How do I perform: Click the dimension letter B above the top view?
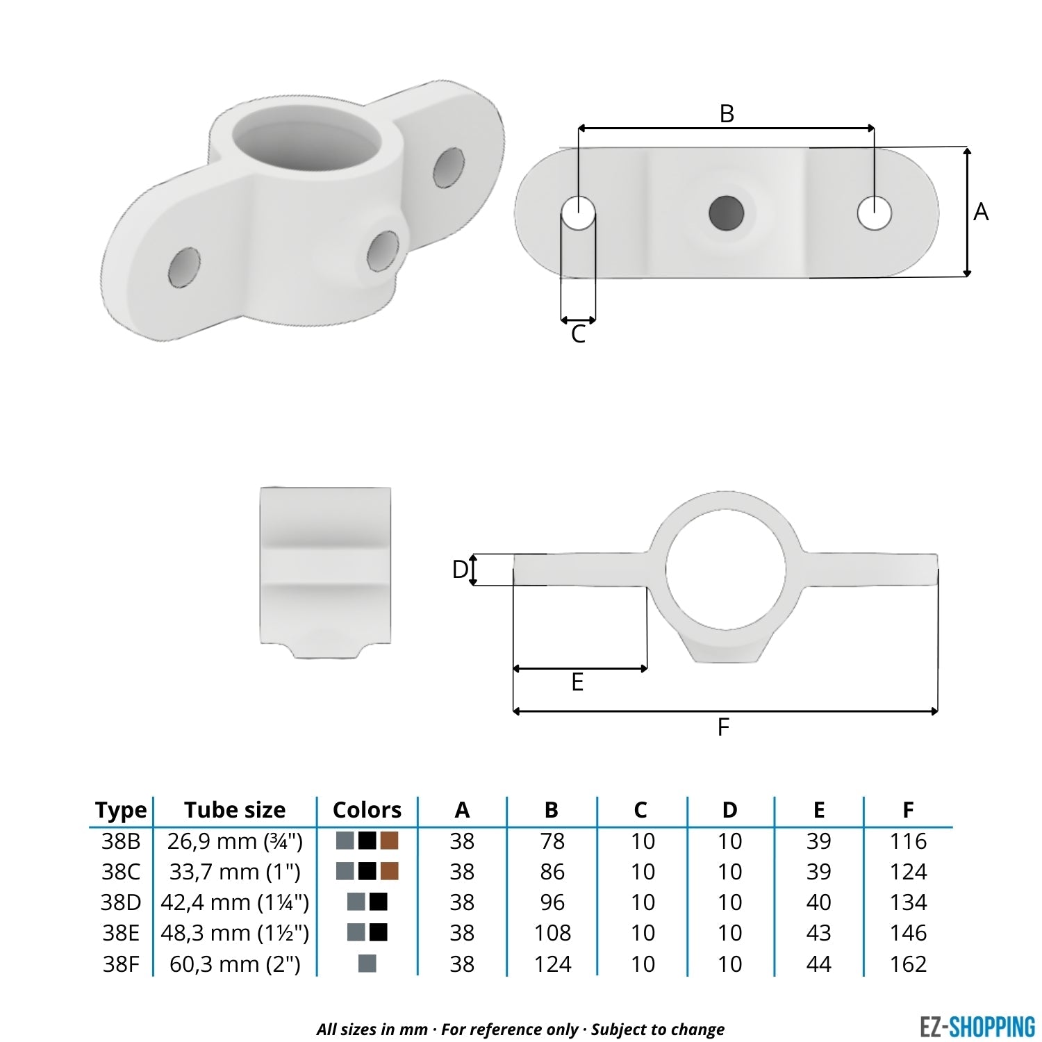pos(727,113)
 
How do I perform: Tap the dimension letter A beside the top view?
pos(981,212)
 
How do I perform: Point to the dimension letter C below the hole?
pos(578,335)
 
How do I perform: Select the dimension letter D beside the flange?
pos(460,570)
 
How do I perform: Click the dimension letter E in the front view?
pos(577,683)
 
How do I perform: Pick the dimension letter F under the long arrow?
pos(723,727)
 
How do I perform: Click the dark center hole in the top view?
pos(726,213)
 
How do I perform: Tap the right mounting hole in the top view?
pos(875,213)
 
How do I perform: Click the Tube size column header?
pos(235,810)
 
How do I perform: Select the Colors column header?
pos(367,810)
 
